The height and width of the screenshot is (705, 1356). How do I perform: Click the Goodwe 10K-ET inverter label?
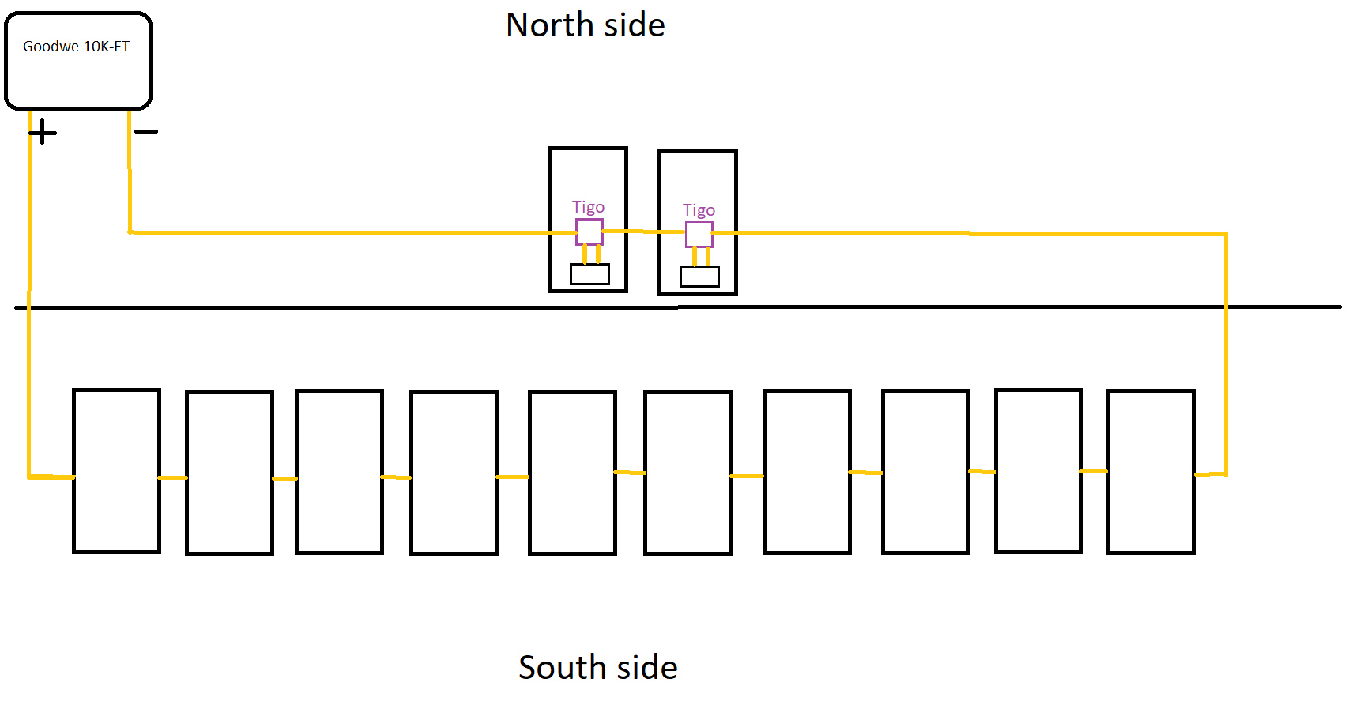[76, 47]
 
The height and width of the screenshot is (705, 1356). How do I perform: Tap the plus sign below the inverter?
[43, 132]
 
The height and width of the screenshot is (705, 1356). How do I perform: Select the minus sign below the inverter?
[146, 131]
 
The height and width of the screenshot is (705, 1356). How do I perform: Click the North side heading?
[586, 25]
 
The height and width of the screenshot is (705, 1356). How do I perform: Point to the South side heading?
[598, 668]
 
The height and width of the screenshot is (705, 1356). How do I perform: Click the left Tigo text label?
[588, 207]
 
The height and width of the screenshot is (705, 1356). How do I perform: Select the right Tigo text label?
[699, 210]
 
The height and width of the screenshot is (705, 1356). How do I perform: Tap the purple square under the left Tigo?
[589, 232]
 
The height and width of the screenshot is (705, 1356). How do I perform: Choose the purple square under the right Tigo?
[699, 235]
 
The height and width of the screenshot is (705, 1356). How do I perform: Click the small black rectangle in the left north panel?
[589, 274]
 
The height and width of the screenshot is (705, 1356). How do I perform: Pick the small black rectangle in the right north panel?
[699, 277]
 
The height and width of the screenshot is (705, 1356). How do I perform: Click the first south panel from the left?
[116, 471]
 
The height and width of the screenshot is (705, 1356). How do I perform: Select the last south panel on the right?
[1151, 472]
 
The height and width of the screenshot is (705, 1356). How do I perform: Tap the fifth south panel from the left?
[572, 473]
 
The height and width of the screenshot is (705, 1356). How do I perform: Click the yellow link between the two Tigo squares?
[643, 232]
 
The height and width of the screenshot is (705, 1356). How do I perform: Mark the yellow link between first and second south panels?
[173, 477]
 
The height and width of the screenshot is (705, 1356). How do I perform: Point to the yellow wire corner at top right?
[1226, 234]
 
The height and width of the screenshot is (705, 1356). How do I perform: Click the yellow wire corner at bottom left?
[29, 477]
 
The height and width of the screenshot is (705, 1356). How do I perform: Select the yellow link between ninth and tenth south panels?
[1094, 471]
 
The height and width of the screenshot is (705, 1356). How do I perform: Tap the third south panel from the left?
[339, 472]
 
